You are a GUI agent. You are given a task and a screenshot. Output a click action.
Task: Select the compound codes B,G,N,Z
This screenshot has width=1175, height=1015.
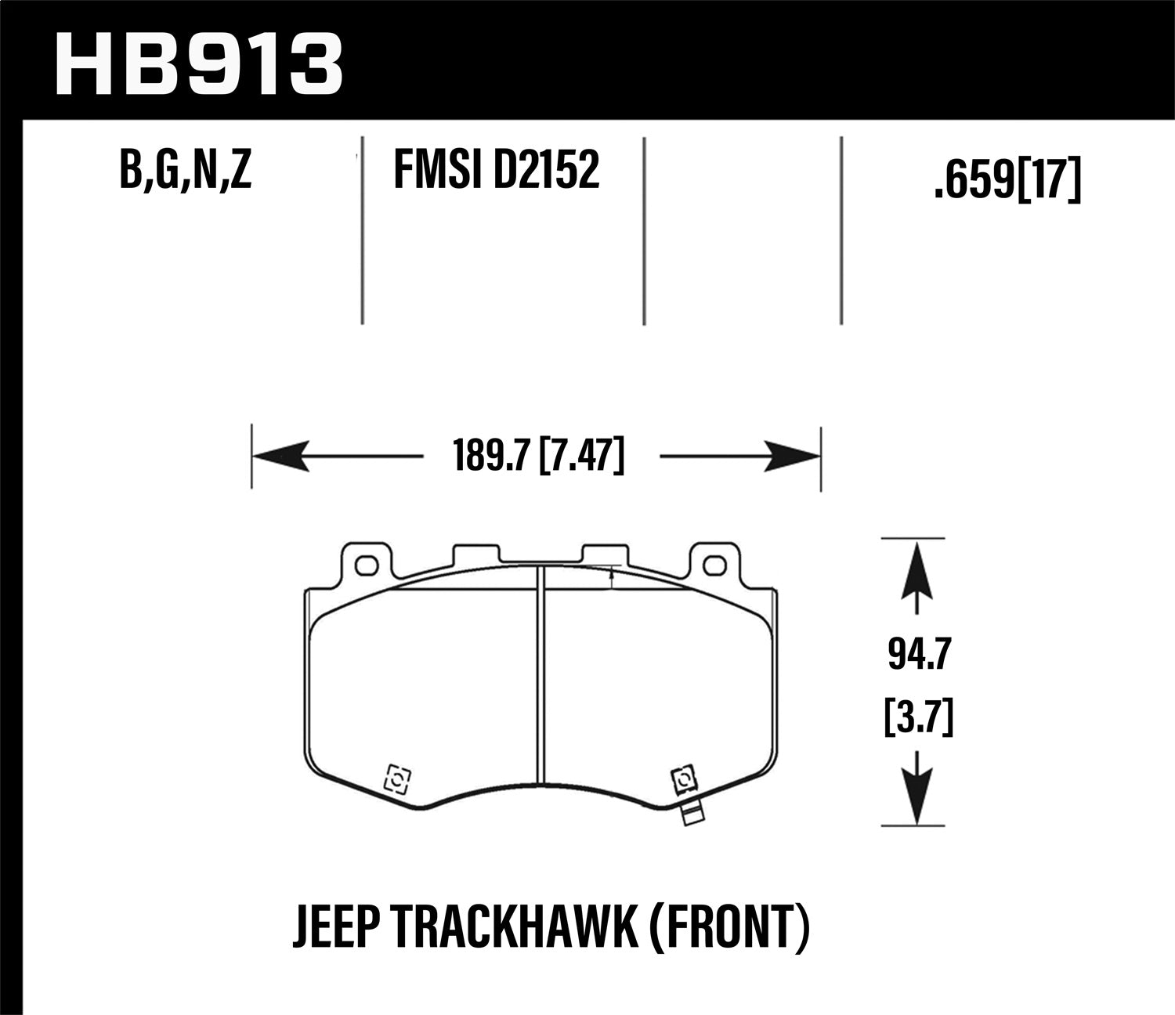(186, 171)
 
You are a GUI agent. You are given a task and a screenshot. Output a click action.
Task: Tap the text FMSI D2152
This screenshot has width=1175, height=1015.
(496, 171)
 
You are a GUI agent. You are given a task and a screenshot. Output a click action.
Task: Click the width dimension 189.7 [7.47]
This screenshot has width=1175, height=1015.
(539, 456)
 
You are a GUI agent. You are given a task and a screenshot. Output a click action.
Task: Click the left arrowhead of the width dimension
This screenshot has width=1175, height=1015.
(278, 456)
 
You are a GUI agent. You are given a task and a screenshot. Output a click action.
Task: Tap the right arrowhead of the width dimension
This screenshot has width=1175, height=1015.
(793, 456)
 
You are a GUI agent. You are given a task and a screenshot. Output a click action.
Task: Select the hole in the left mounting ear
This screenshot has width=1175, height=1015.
(365, 565)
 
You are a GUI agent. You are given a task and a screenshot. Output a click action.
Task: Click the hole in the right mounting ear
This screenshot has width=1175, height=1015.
(713, 565)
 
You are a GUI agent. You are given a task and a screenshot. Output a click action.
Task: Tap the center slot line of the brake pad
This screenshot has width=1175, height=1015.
(540, 674)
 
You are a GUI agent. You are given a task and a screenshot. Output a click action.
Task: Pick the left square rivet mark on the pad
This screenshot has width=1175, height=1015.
(397, 779)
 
